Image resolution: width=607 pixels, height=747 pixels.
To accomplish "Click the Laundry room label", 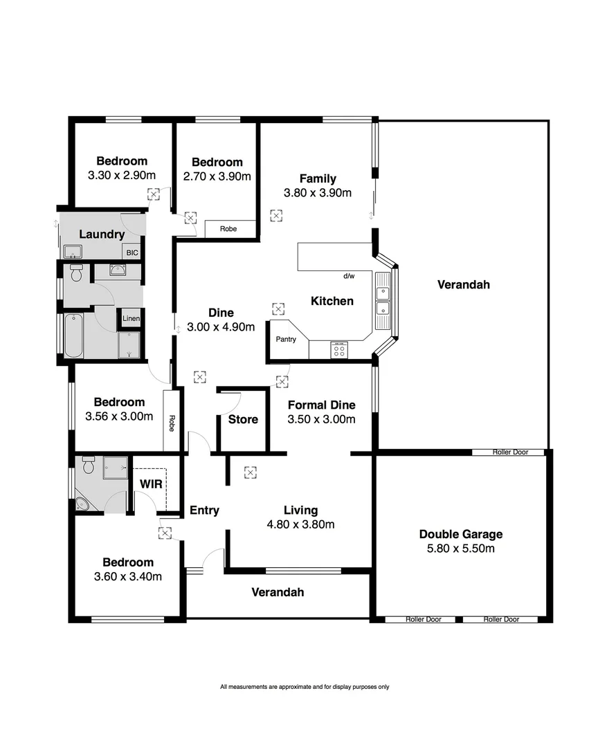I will [x=102, y=234].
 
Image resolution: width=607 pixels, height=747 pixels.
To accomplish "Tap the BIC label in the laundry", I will [x=132, y=253].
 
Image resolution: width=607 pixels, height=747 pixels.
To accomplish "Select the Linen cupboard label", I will [x=131, y=319].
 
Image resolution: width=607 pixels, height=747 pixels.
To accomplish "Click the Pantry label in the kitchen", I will [x=286, y=340].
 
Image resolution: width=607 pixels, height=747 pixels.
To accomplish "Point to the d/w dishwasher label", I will [x=349, y=277].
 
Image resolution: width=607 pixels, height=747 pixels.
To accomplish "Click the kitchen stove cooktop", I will [x=339, y=351].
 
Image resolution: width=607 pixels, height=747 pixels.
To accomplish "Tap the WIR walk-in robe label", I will [x=151, y=484].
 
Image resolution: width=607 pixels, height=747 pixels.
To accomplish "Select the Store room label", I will [x=243, y=419].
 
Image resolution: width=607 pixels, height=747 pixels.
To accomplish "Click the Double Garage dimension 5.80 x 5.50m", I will [x=461, y=548].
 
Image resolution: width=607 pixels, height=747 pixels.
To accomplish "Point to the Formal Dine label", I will [x=321, y=405].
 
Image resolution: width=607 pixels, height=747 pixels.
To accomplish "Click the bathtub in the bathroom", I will [x=74, y=336].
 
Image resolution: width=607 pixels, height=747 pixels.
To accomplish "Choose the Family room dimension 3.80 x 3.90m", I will [x=318, y=193].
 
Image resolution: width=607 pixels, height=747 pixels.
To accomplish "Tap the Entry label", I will [x=204, y=510].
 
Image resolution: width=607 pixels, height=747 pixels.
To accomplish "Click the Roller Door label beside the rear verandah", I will [x=510, y=452].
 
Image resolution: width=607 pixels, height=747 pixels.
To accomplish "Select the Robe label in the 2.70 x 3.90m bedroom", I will [x=228, y=228].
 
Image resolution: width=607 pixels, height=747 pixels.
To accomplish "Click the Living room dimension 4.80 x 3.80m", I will [x=300, y=524].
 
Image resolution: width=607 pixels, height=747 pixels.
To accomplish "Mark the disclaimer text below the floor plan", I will [x=305, y=687].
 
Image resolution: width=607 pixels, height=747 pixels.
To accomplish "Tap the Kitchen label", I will [x=332, y=301].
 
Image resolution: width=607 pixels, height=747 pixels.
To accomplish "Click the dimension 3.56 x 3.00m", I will [x=119, y=416].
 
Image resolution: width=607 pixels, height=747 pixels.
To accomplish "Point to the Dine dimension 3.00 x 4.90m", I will [x=221, y=327].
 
